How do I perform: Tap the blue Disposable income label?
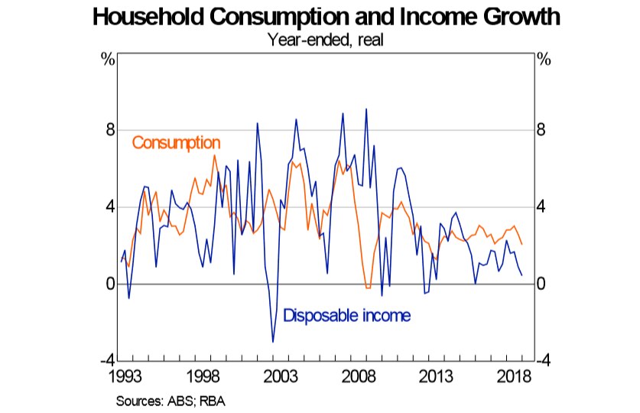point(347,315)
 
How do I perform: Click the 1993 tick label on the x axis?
point(125,377)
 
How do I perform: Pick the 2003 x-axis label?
point(281,377)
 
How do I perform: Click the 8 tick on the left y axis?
point(110,130)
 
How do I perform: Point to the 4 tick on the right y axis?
point(543,207)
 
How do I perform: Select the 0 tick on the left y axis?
point(110,284)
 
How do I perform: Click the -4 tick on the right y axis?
point(545,361)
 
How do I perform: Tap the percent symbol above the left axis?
point(108,60)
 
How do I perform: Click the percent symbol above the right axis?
point(544,60)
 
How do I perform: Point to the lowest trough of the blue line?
point(273,342)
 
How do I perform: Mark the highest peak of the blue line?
point(366,109)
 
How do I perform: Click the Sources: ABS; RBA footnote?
point(171,400)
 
